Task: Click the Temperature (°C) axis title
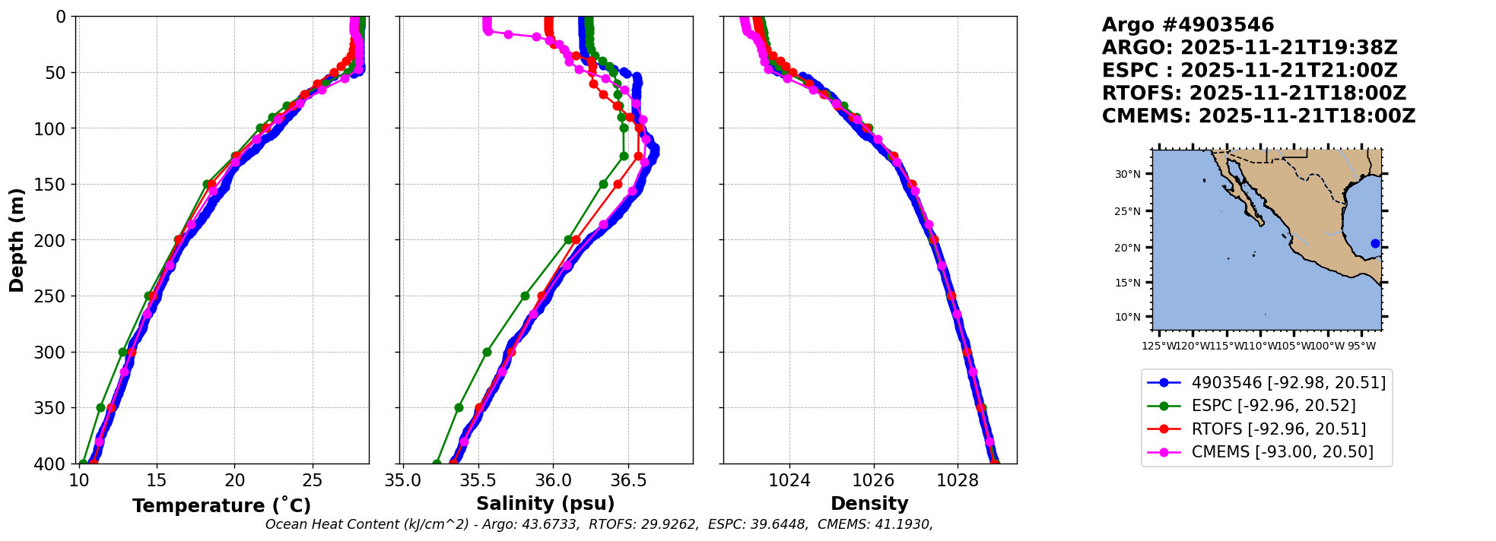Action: [221, 505]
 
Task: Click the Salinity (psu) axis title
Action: [545, 504]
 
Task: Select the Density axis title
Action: [869, 504]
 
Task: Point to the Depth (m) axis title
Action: [17, 240]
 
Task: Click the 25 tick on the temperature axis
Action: [313, 481]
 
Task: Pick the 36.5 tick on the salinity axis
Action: [628, 481]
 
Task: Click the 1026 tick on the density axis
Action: [873, 481]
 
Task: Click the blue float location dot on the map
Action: [1375, 243]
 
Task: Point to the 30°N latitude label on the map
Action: [1128, 174]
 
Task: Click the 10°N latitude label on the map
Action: [1128, 317]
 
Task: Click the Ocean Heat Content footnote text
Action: [599, 524]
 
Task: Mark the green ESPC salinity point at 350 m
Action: [459, 407]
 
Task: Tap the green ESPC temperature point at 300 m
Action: [122, 352]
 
